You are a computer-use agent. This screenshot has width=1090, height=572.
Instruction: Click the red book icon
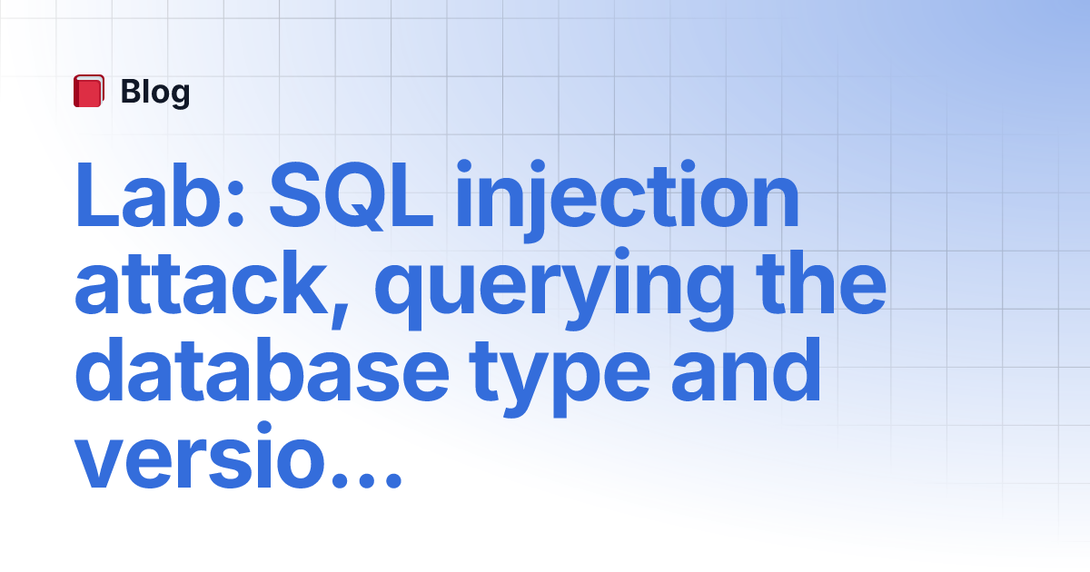pyautogui.click(x=89, y=91)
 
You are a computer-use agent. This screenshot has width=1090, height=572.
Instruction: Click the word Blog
pyautogui.click(x=155, y=93)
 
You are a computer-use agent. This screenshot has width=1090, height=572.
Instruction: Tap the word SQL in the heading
pyautogui.click(x=352, y=195)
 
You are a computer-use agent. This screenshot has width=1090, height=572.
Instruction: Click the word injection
pyautogui.click(x=628, y=201)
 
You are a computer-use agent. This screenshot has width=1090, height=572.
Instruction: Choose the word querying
pyautogui.click(x=554, y=289)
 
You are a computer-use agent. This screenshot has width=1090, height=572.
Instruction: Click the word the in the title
pyautogui.click(x=821, y=282)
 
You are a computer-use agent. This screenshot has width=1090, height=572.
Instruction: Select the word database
pyautogui.click(x=262, y=370)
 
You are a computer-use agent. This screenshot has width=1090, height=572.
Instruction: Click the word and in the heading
pyautogui.click(x=747, y=370)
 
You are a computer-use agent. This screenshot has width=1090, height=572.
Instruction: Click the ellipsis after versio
pyautogui.click(x=366, y=479)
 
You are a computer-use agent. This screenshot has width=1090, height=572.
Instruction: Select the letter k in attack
pyautogui.click(x=302, y=282)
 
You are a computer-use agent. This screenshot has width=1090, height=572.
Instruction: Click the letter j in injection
pyautogui.click(x=535, y=201)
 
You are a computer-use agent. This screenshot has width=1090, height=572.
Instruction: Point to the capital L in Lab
pyautogui.click(x=97, y=195)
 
